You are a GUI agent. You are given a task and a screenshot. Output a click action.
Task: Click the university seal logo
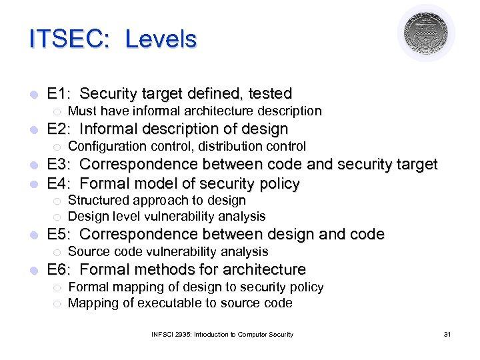[426, 33]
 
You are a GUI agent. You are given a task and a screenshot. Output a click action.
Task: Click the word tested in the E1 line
[268, 93]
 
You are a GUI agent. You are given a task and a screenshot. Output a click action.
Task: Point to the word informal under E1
[151, 111]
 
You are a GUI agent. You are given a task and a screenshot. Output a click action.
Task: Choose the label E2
[58, 129]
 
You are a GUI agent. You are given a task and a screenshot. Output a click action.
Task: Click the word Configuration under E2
[108, 146]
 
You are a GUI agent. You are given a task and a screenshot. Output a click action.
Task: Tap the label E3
[58, 165]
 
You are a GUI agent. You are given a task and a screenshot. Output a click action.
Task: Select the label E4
[58, 183]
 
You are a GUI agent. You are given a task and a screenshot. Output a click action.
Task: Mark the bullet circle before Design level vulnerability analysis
[57, 217]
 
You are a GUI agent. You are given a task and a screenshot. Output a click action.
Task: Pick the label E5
[58, 235]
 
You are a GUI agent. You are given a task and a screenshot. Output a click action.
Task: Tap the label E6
[58, 270]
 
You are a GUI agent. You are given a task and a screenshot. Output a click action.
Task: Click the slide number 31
[447, 334]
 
